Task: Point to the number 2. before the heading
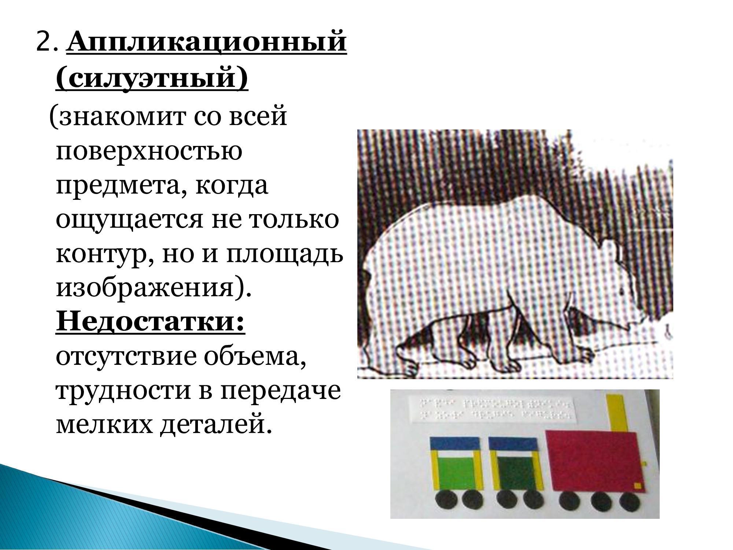tap(47, 44)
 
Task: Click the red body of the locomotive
tap(594, 460)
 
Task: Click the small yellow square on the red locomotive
tap(638, 486)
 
